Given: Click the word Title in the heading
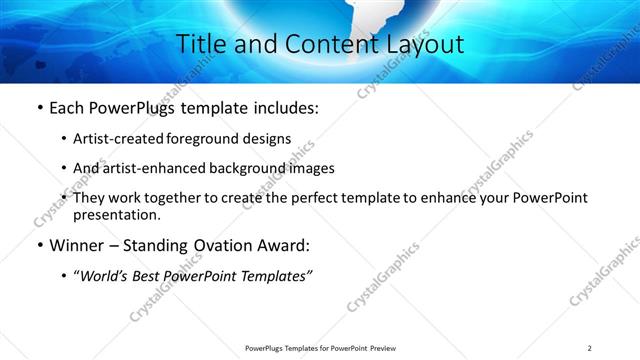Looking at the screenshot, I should [200, 45].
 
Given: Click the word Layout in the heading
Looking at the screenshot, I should [424, 45].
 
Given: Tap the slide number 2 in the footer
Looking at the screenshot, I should [590, 347].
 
